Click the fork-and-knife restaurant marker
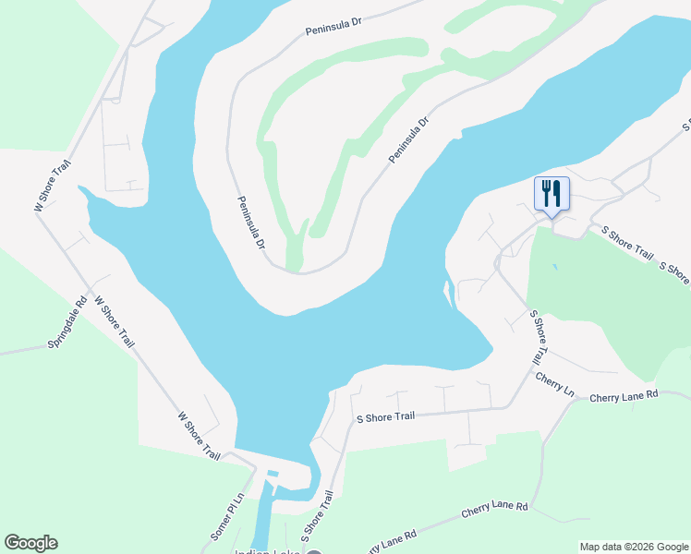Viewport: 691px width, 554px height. click(552, 194)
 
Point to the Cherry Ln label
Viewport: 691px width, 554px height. click(554, 386)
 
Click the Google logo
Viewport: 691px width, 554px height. click(30, 543)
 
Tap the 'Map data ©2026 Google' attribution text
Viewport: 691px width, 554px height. click(634, 547)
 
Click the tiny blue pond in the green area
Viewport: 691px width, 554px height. click(554, 267)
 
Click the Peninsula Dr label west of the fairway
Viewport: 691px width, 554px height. click(250, 223)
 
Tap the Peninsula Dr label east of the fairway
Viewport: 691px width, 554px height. click(409, 140)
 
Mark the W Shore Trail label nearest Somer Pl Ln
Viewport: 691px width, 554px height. click(199, 438)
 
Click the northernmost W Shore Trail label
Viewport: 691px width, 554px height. click(53, 187)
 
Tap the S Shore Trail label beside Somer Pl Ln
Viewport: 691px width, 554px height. click(316, 516)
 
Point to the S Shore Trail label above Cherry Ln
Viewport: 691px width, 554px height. click(539, 337)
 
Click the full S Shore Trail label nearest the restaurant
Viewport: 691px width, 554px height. click(626, 243)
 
